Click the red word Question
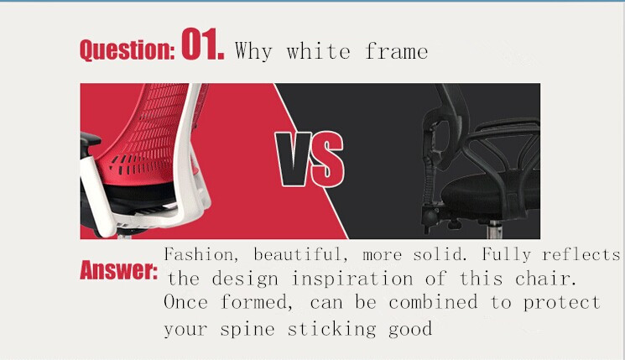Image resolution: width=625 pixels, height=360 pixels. point(128,50)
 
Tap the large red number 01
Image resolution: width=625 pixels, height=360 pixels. point(202,44)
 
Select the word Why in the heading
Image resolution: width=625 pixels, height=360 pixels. point(253,51)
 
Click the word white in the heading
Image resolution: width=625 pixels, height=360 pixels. point(318,51)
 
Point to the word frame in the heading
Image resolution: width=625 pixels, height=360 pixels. point(396,51)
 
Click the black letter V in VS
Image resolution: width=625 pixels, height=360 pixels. point(294,159)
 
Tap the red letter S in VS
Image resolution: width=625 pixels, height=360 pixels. point(327,159)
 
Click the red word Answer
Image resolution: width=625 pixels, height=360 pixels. point(119,270)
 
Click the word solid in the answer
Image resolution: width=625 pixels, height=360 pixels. point(440,255)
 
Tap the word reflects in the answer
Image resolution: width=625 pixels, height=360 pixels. point(581,255)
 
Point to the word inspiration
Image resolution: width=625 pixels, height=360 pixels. point(352,279)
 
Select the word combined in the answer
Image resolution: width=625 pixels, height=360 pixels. point(433,302)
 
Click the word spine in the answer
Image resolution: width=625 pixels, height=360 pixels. point(247,329)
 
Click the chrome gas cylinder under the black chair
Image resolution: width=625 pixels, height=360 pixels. point(494,229)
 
